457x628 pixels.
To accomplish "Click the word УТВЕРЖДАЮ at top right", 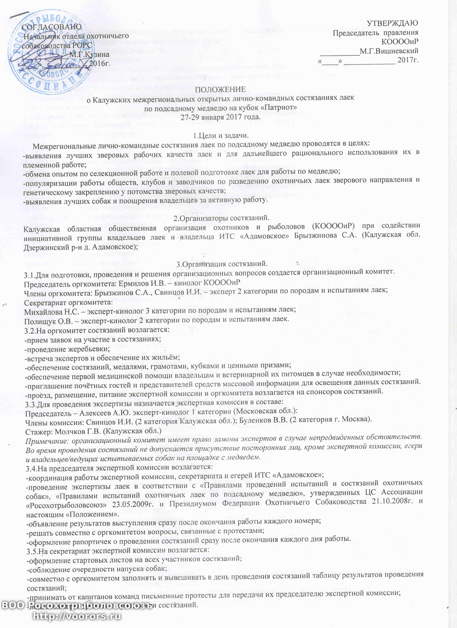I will (x=392, y=23).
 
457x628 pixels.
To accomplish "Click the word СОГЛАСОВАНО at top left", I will (x=52, y=27).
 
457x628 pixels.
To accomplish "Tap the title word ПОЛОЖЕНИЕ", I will (x=220, y=89).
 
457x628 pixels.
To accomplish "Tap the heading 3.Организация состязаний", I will (x=222, y=264).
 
